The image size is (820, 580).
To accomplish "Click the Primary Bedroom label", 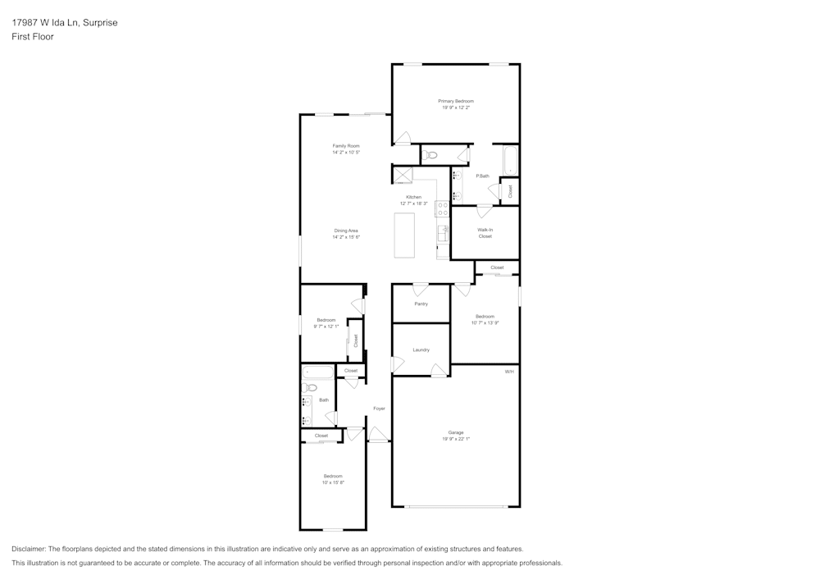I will [x=456, y=101].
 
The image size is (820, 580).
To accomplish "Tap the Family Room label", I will [x=346, y=146].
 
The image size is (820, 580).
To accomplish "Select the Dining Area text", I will [x=346, y=231].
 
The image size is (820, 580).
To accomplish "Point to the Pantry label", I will [x=421, y=304].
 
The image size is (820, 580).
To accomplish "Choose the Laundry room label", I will [x=421, y=350].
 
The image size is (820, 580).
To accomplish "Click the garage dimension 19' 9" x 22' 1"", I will [x=456, y=439].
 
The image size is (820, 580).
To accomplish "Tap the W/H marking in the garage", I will [x=509, y=372].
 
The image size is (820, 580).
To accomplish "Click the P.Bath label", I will [x=482, y=176].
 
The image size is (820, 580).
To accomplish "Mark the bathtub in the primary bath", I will [x=511, y=160].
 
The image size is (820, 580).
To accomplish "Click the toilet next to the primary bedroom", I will [x=432, y=154].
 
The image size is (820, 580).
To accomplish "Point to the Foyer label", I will [x=379, y=408].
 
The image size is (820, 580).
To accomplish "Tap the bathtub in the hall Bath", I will [x=317, y=372].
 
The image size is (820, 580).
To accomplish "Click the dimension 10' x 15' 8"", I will [x=332, y=482].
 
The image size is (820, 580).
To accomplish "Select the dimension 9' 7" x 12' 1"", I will [x=326, y=327].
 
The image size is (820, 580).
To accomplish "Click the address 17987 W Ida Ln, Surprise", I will [x=64, y=23].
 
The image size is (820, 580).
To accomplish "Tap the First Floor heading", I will [x=33, y=37].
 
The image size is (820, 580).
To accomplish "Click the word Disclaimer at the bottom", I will [x=29, y=549].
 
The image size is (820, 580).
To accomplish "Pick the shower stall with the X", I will [x=402, y=175].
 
